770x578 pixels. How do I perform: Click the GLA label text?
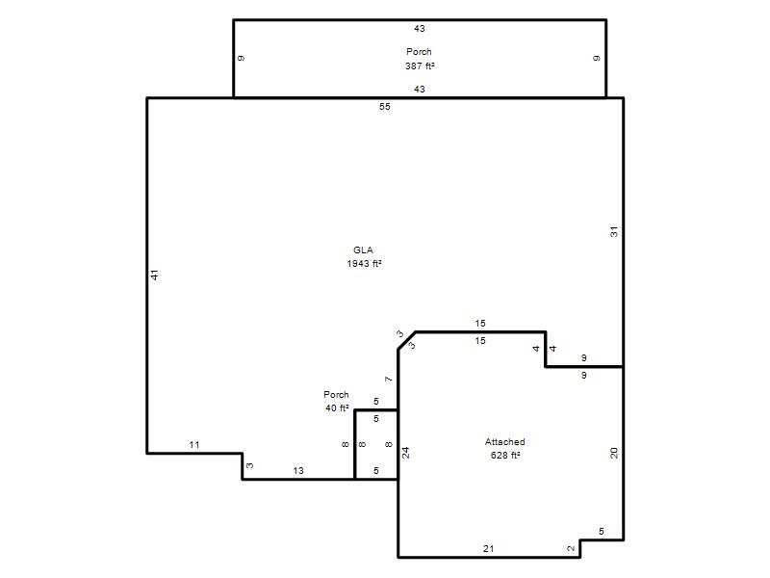(363, 250)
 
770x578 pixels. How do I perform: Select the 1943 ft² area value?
(365, 263)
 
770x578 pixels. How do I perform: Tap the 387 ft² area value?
(420, 66)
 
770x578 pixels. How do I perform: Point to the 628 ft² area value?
(505, 455)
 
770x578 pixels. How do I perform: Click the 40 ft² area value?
(337, 407)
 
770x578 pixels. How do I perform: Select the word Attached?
(504, 442)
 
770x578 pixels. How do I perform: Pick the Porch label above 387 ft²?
(419, 52)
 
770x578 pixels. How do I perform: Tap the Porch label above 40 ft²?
(336, 395)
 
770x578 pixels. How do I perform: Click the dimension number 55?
(384, 107)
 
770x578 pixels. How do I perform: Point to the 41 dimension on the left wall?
(155, 276)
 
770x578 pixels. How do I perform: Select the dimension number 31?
(614, 232)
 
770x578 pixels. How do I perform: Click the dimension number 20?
(614, 453)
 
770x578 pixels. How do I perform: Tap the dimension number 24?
(406, 453)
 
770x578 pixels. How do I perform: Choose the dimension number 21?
(488, 549)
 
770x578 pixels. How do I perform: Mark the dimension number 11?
(194, 445)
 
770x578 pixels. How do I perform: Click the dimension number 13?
(298, 471)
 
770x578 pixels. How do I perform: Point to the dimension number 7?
(389, 379)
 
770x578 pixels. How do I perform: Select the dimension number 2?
(571, 548)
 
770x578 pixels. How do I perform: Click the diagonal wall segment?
(406, 341)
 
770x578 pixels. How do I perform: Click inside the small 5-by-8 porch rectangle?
(376, 445)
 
